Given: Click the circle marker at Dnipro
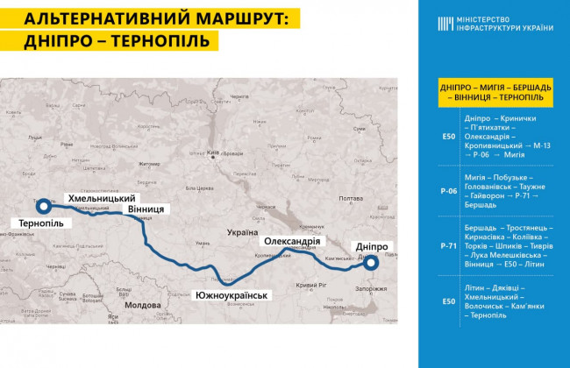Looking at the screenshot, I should pos(372,262).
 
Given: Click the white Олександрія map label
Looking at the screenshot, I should pos(295,241).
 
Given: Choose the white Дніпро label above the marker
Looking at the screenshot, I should pos(372,246).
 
